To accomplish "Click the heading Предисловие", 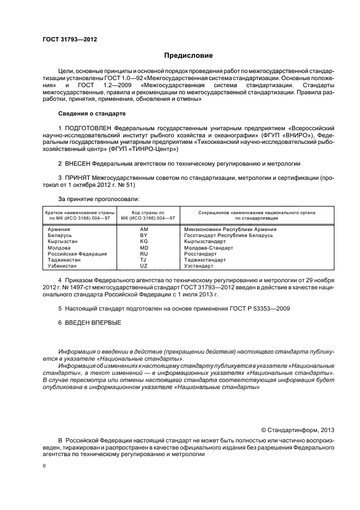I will point(188,56).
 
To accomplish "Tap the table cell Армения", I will point(59,229).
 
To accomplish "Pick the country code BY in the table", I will point(144,235).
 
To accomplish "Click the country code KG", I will point(144,241).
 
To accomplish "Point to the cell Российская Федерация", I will point(77,253).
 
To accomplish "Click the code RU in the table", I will point(144,253).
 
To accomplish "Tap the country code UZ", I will point(144,266).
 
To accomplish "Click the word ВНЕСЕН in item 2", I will point(77,163).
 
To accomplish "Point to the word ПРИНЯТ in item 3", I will point(77,178).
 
